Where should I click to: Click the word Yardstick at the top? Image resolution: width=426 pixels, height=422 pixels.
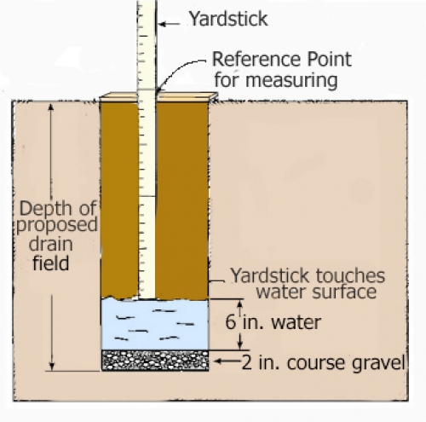[x=228, y=19]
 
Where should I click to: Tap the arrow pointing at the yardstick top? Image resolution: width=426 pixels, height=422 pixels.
[x=169, y=24]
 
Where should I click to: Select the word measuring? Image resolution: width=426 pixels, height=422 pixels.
[x=291, y=81]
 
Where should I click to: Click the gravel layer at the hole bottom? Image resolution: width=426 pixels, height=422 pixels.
[x=155, y=361]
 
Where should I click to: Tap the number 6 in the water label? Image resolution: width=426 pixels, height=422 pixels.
[x=231, y=322]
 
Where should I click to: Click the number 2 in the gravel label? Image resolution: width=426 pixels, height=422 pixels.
[x=246, y=362]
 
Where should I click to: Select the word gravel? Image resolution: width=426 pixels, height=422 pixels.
[x=378, y=363]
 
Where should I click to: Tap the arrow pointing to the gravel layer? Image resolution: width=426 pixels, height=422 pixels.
[x=227, y=361]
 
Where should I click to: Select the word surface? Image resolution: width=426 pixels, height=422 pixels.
[x=344, y=292]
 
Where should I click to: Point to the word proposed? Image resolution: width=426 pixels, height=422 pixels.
[x=57, y=226]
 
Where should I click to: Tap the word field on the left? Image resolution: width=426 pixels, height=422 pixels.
[x=51, y=263]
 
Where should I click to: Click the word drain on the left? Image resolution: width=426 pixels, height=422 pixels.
[x=50, y=244]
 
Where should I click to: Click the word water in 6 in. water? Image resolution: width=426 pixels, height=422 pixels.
[x=296, y=322]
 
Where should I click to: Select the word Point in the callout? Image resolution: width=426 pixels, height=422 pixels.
[x=329, y=59]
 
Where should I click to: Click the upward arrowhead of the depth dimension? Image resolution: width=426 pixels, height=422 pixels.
[x=51, y=107]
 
